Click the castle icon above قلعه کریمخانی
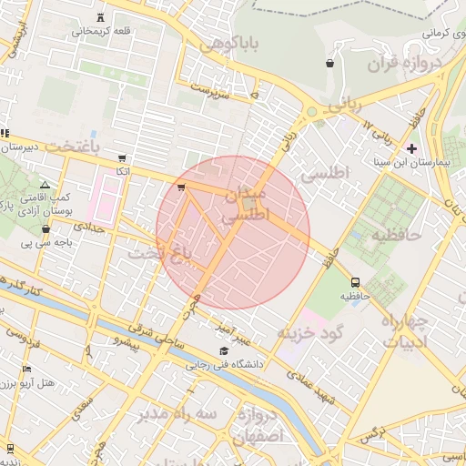(x=99, y=18)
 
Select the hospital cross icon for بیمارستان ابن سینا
(x=411, y=148)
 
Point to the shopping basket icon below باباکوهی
(x=329, y=63)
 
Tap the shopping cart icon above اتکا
(x=122, y=157)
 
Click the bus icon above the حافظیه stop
(x=354, y=282)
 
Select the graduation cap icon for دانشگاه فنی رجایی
(x=224, y=351)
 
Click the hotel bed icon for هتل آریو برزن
(x=27, y=370)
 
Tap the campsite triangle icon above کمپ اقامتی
(x=46, y=185)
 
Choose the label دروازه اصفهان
(x=260, y=425)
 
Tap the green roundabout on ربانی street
(x=312, y=113)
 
